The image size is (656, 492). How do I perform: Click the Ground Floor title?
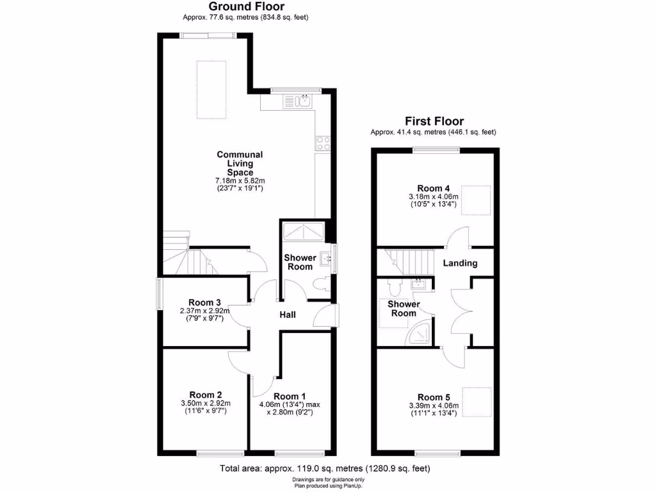click(x=247, y=7)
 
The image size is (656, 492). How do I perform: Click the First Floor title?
click(x=434, y=121)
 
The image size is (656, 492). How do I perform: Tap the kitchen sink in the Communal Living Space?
click(x=302, y=101)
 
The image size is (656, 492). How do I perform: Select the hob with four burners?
click(x=323, y=143)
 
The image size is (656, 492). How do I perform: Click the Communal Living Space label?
click(x=240, y=163)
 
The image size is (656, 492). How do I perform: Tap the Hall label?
click(x=287, y=315)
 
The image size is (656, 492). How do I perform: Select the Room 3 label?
click(x=205, y=302)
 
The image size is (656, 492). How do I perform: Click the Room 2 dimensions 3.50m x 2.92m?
click(x=206, y=403)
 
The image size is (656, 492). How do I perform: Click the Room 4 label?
click(x=433, y=188)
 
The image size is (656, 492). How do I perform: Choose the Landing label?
click(x=460, y=263)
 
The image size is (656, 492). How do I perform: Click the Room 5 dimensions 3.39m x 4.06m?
click(x=434, y=406)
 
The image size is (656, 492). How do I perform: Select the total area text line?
click(x=325, y=468)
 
